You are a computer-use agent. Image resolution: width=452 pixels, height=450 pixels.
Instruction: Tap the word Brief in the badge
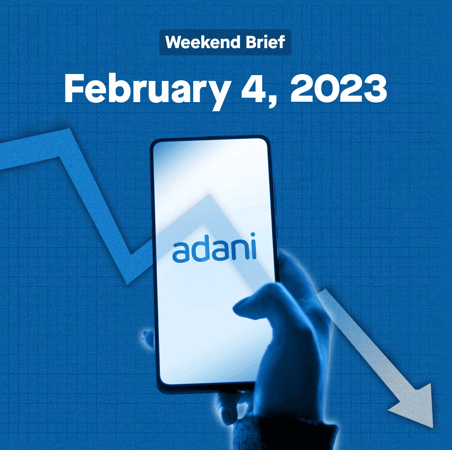point(264,42)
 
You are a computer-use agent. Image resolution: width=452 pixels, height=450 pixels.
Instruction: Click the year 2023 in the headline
point(339,88)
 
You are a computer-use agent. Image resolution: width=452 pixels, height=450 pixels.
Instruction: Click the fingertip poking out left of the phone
point(147,337)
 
